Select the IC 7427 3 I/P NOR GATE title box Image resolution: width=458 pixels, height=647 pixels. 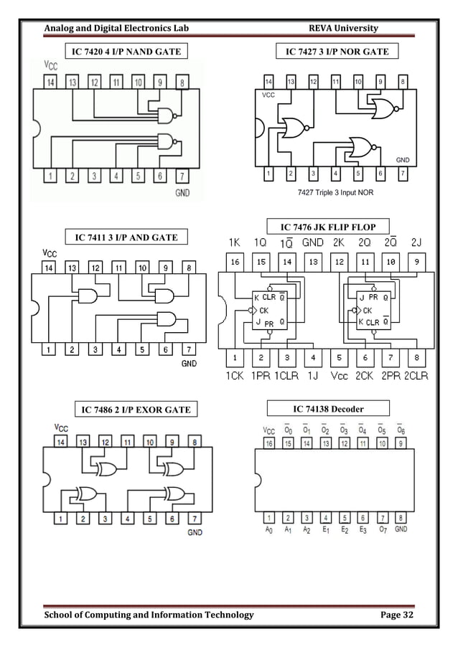click(337, 52)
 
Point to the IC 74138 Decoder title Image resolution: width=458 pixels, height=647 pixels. click(327, 409)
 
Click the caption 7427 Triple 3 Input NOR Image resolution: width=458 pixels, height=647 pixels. click(334, 192)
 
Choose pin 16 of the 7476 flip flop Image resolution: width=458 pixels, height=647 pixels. click(235, 263)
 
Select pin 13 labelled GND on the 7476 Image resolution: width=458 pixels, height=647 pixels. click(313, 263)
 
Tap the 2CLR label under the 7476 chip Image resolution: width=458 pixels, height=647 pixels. click(416, 375)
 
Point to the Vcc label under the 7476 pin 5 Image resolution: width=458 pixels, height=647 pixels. click(339, 375)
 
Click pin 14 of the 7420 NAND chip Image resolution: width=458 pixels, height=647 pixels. click(50, 83)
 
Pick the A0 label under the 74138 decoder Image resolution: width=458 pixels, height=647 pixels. click(268, 531)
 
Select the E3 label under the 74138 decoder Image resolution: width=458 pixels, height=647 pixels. click(363, 531)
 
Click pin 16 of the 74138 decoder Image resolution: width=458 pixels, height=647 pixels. click(268, 444)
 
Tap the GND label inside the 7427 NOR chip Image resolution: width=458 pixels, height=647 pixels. click(403, 159)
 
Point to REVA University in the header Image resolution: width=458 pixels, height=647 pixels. click(343, 28)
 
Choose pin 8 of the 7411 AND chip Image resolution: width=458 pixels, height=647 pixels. click(188, 268)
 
